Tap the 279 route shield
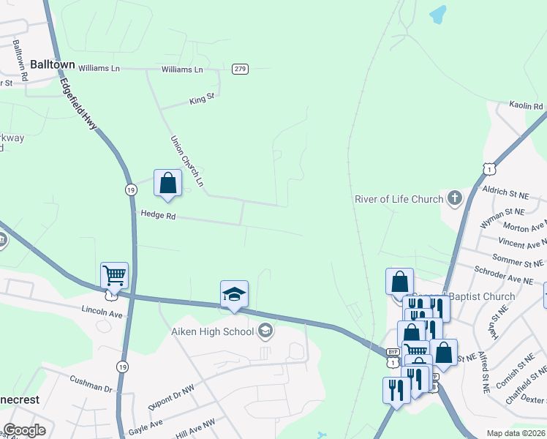click(x=240, y=69)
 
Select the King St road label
click(x=201, y=97)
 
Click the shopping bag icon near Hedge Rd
click(x=167, y=184)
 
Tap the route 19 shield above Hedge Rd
click(x=131, y=190)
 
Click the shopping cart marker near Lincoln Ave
click(x=115, y=277)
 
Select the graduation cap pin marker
click(x=234, y=295)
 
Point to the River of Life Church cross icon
click(x=455, y=198)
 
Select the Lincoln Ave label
click(x=102, y=312)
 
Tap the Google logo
click(x=24, y=430)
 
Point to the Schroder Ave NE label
click(x=505, y=280)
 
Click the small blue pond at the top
click(x=437, y=13)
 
